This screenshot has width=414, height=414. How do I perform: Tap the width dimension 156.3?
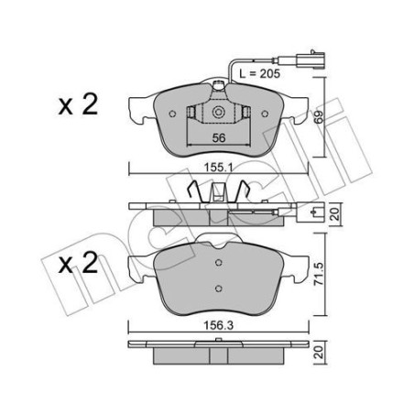tap(219, 321)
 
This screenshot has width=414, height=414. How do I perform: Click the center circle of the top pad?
tap(220, 114)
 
